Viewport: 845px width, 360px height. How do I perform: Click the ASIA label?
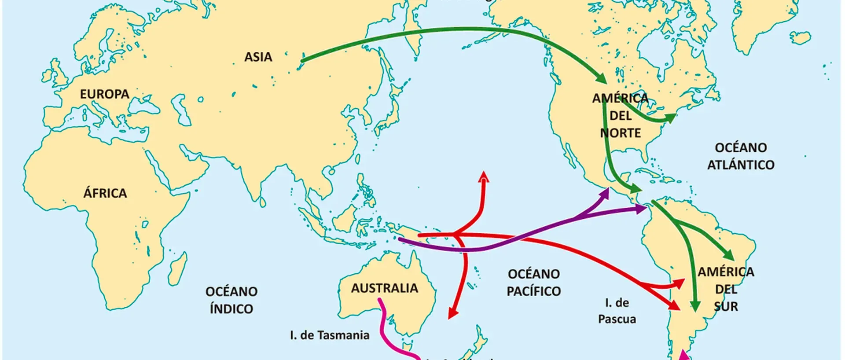(x=258, y=57)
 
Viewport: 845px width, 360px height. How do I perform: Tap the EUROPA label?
(x=104, y=94)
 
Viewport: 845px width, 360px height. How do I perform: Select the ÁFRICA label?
(x=105, y=193)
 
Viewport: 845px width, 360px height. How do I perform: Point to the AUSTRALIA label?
(x=384, y=288)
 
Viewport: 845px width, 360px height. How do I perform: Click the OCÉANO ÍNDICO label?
(x=231, y=300)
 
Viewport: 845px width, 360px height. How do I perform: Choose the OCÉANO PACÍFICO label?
(x=533, y=283)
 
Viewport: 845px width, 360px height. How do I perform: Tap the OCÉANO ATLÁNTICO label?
(x=741, y=156)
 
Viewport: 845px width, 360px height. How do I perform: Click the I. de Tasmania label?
(x=330, y=335)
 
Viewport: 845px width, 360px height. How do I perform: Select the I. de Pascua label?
(x=617, y=311)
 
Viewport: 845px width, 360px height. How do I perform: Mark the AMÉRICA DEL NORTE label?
(x=621, y=115)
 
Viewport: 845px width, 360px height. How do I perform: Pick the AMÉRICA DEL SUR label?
(x=726, y=289)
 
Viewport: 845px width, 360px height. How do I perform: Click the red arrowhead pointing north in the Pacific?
(x=484, y=176)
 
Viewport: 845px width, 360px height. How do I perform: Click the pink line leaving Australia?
(x=385, y=321)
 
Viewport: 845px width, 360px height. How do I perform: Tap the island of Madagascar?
(x=178, y=269)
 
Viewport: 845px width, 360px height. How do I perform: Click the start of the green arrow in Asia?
(x=303, y=60)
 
